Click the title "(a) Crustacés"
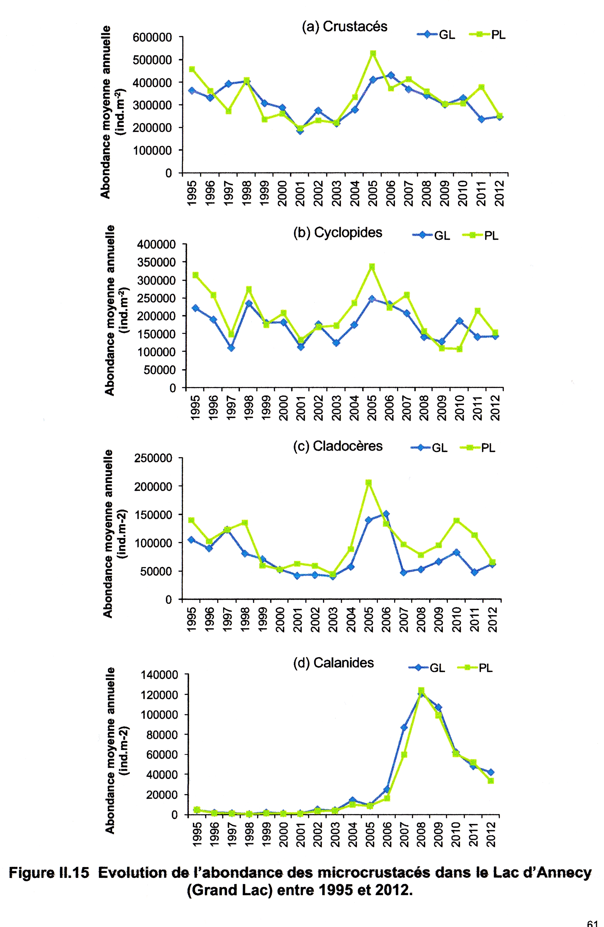344,26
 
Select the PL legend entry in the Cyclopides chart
481,236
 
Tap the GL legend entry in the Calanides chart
426,668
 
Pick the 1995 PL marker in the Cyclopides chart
195,275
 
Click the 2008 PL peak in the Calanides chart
421,691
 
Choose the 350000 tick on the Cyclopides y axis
157,262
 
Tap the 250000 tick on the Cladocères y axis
153,458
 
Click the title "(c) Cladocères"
338,446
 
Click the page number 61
592,923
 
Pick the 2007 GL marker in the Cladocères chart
404,572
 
